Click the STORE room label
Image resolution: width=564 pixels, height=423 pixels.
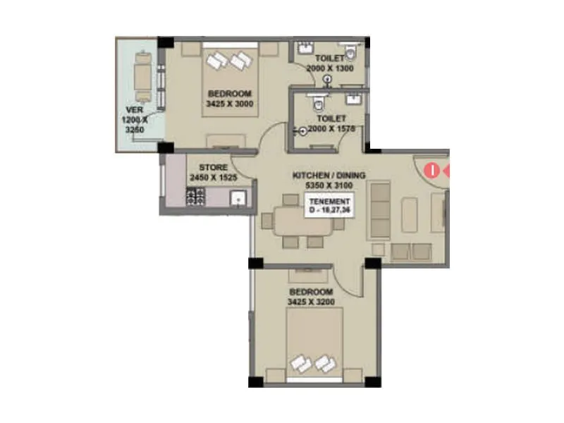214,167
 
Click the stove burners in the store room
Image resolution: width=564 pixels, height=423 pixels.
195,197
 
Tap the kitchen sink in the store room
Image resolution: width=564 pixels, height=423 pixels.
240,199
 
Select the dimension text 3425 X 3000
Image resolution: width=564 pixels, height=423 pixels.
229,104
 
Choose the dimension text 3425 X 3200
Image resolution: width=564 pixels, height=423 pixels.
310,302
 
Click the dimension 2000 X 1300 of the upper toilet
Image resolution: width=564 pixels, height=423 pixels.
330,68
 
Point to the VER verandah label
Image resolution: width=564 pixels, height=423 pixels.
135,111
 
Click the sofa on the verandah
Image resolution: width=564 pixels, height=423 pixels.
142,75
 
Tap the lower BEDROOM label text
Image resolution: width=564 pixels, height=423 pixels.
310,292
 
